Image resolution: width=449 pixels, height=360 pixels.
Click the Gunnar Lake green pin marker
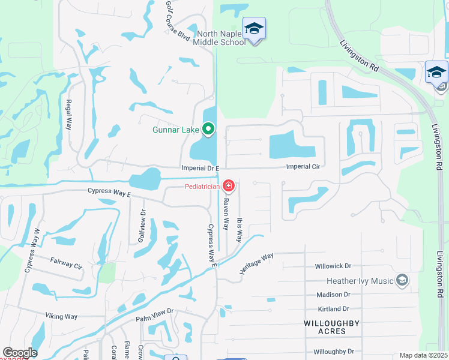[208, 128]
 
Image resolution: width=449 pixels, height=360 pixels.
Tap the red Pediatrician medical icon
[228, 186]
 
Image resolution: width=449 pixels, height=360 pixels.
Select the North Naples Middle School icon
[254, 28]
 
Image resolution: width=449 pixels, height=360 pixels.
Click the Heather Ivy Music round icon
[402, 280]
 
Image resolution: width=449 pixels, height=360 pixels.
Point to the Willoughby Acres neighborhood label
[332, 327]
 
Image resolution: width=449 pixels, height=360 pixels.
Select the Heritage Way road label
[256, 263]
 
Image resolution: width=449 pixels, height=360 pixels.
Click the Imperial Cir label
[302, 166]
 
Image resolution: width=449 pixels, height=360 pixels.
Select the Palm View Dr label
[154, 311]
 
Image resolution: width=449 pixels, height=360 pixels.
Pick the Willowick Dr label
[333, 266]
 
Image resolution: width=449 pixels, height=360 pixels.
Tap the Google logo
[19, 353]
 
